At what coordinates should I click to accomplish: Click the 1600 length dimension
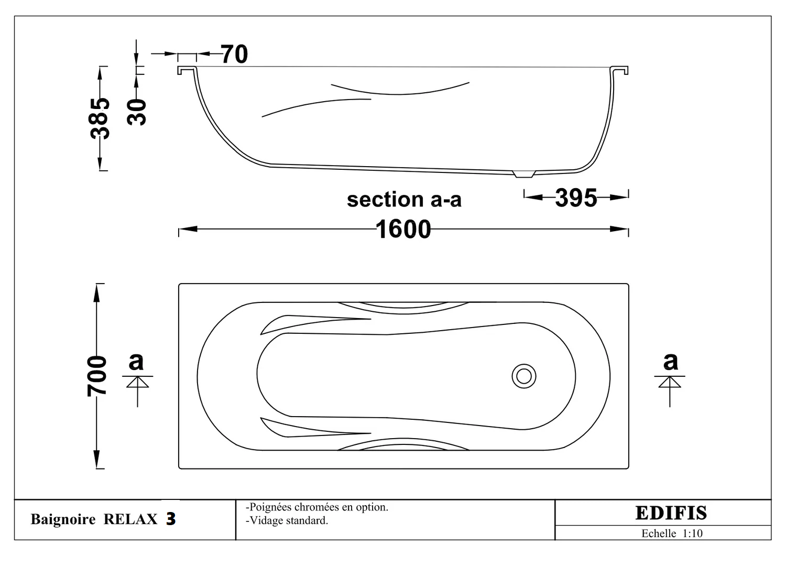403,229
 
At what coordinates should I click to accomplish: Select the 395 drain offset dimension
576,198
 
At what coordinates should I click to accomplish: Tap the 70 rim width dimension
234,54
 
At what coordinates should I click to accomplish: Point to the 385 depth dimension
100,118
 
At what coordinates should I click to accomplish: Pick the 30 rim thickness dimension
137,112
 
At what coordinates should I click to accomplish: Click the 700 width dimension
97,376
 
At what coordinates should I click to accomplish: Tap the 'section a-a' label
404,200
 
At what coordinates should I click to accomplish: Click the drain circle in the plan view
524,376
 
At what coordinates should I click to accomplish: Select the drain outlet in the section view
524,174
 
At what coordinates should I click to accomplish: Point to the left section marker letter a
136,361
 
